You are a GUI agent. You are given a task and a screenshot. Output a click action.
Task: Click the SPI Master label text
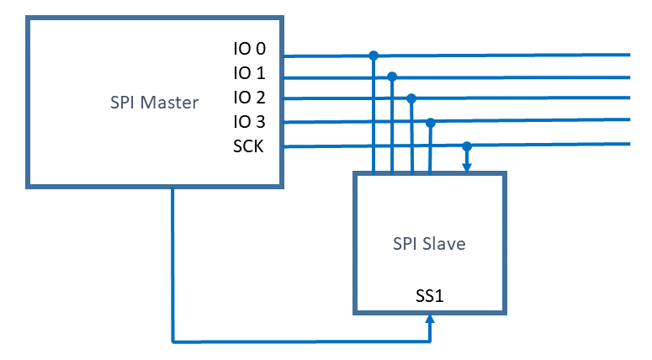click(x=154, y=103)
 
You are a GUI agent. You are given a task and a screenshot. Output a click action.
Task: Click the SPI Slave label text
click(x=429, y=244)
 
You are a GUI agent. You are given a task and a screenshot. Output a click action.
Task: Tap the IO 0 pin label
click(x=249, y=51)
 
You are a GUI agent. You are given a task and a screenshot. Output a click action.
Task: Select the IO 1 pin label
click(x=249, y=74)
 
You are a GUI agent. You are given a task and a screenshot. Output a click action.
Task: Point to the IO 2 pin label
click(x=249, y=98)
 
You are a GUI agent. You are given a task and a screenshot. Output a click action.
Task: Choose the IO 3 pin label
click(x=249, y=122)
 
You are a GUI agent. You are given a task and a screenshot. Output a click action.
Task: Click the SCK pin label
click(x=248, y=146)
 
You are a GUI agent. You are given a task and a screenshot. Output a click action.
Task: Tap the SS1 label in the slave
click(x=430, y=296)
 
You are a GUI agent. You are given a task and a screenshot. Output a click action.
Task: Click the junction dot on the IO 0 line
click(x=373, y=56)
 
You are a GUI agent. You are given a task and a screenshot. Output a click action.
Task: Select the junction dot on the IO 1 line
click(x=392, y=77)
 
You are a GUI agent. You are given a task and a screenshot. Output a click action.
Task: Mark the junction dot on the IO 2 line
click(x=411, y=98)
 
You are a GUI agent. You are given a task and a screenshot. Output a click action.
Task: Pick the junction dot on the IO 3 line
click(x=430, y=123)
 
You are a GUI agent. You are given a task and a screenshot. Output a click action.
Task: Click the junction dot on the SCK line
click(x=467, y=146)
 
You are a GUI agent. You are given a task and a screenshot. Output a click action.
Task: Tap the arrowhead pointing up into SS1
click(x=430, y=318)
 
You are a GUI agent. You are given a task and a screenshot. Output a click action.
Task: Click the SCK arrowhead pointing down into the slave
click(x=467, y=168)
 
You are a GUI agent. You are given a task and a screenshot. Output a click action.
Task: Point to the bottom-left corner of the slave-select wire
click(x=172, y=341)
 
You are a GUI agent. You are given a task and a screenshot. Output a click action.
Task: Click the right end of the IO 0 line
click(x=628, y=56)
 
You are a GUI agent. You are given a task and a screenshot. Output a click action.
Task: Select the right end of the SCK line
click(x=628, y=146)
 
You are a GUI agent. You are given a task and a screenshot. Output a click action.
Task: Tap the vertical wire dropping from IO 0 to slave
click(x=373, y=118)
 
